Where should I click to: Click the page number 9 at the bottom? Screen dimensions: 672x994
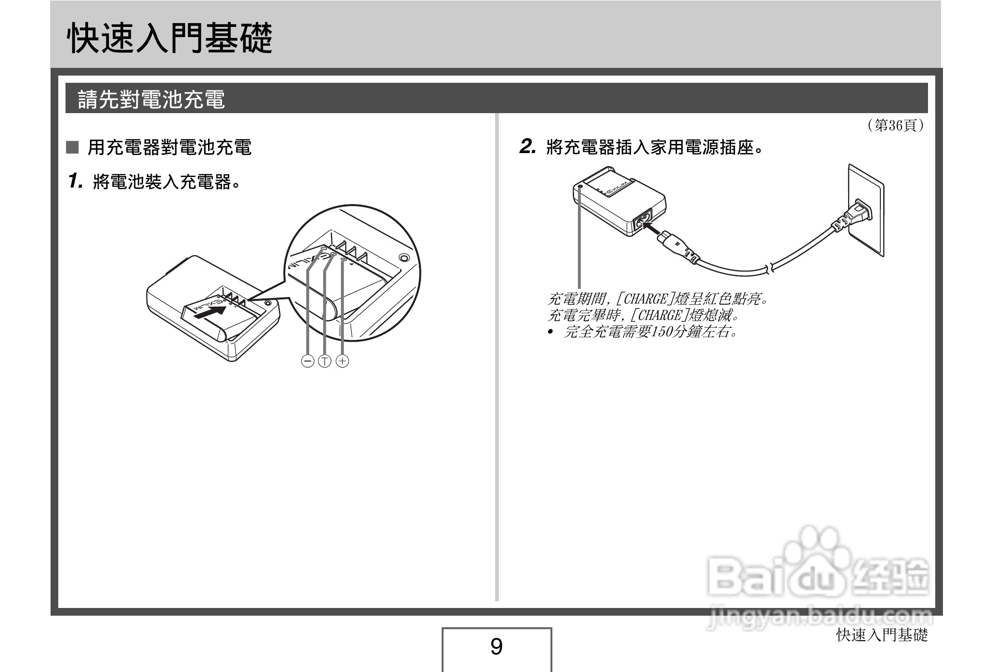(496, 646)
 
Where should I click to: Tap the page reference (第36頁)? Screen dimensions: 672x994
(895, 126)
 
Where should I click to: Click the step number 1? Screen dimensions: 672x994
(76, 181)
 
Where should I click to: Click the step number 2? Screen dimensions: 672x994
(528, 147)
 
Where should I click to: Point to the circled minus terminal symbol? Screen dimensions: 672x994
(307, 361)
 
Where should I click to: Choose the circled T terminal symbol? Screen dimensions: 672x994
(325, 361)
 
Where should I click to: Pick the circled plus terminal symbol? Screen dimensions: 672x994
(342, 361)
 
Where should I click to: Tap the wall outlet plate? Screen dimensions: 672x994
(865, 209)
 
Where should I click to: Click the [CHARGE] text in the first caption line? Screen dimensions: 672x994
(645, 299)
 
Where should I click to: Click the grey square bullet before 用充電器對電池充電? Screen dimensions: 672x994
(72, 147)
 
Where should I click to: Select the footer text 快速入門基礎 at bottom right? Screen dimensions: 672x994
(882, 635)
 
